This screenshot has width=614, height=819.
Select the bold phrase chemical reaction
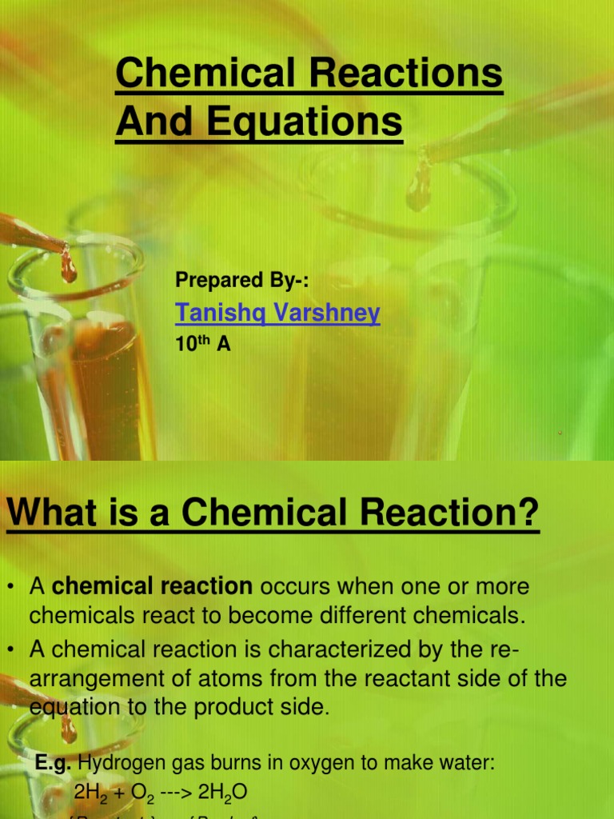point(152,586)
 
